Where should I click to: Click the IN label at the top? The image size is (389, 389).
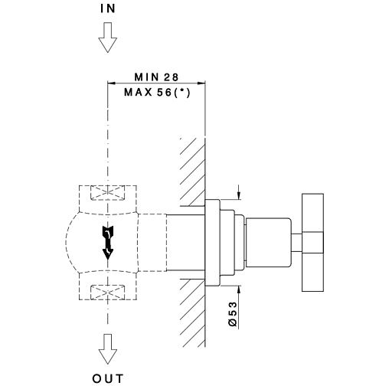[108, 8]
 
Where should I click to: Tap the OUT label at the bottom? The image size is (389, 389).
[108, 378]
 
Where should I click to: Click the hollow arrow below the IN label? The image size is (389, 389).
[108, 38]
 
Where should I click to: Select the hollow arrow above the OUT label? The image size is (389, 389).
[108, 349]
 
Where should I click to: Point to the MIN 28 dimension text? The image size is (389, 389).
[156, 77]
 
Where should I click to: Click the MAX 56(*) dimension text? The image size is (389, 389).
[157, 93]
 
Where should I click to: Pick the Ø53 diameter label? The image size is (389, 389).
[233, 314]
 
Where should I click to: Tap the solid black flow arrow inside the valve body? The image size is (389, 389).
[108, 243]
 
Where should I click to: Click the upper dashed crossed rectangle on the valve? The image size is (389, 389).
[108, 193]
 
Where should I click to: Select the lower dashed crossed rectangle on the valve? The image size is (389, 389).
[108, 293]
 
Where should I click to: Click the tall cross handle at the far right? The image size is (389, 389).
[313, 243]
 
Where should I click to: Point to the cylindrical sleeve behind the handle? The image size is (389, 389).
[269, 243]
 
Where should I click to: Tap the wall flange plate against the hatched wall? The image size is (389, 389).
[212, 243]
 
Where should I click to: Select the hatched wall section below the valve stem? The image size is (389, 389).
[192, 313]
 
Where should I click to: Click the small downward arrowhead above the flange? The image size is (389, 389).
[239, 195]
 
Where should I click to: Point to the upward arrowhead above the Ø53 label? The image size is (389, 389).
[239, 289]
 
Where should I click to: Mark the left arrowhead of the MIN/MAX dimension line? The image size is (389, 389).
[112, 83]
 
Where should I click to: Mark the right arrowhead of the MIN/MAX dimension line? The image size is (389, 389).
[201, 83]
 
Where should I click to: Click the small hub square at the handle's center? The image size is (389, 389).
[313, 243]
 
